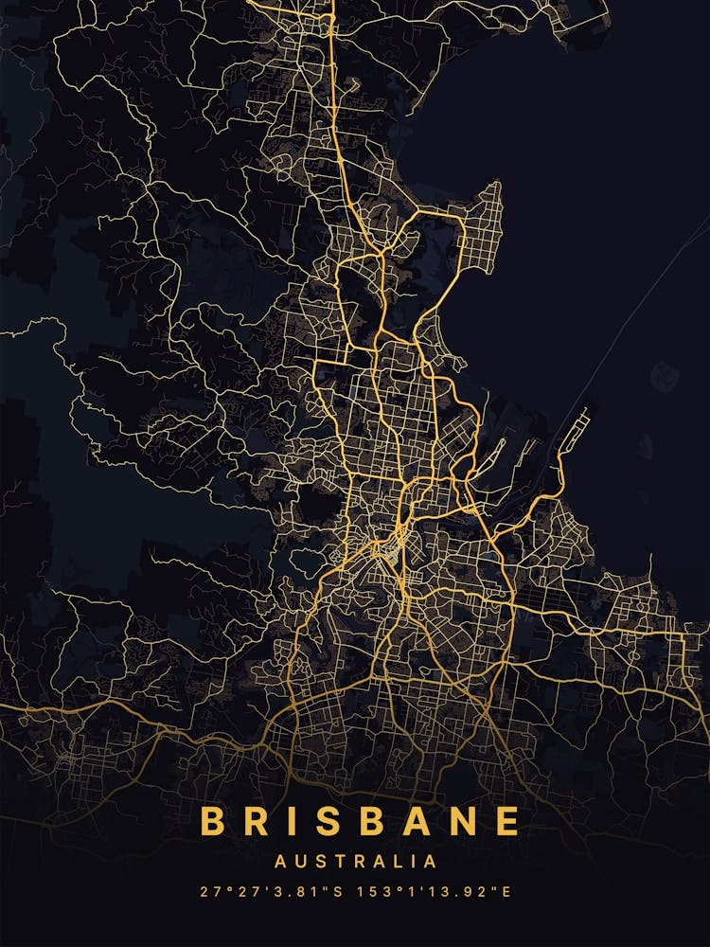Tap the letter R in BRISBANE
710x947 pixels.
pyautogui.click(x=256, y=821)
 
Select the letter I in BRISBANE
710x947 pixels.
pyautogui.click(x=290, y=821)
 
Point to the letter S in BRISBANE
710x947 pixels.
pyautogui.click(x=323, y=821)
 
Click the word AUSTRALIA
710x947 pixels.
pyautogui.click(x=355, y=862)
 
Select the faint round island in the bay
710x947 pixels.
pyautogui.click(x=665, y=376)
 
